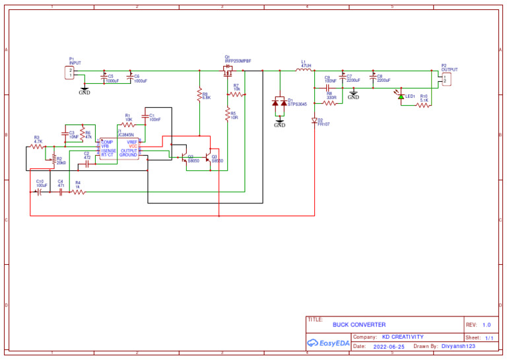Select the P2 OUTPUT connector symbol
point(446,79)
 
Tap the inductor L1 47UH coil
point(304,70)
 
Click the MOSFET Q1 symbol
point(228,69)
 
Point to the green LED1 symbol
point(401,96)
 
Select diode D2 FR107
point(314,120)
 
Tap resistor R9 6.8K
point(199,96)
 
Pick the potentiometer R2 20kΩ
point(53,159)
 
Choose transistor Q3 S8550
point(208,158)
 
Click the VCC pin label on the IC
point(133,146)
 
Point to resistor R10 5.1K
point(423,104)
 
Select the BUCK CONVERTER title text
point(359,324)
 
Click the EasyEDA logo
point(329,343)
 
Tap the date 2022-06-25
point(389,346)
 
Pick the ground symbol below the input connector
point(84,89)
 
